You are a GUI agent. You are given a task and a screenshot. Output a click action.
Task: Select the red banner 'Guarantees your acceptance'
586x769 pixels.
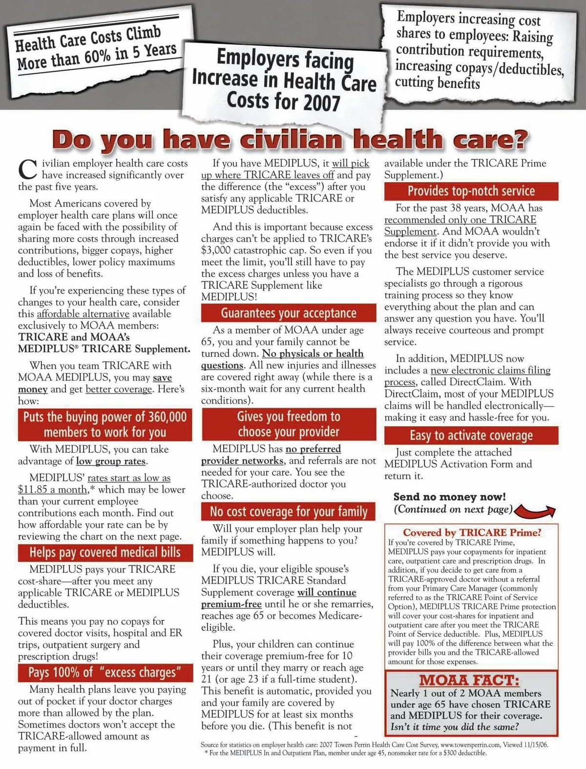[x=289, y=313]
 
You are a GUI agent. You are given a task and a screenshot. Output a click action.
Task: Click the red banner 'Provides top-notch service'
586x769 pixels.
[x=471, y=191]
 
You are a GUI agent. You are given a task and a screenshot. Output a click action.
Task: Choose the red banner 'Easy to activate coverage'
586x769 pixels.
[x=471, y=436]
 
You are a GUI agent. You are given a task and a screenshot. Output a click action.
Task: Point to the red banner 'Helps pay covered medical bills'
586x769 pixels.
[x=105, y=552]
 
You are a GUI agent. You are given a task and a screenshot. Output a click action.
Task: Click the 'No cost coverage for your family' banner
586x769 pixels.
[x=289, y=511]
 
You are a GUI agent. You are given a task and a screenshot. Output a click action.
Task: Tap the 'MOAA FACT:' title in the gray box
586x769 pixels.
[x=469, y=680]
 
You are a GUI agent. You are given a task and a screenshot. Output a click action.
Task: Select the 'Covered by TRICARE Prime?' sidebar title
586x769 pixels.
[x=472, y=532]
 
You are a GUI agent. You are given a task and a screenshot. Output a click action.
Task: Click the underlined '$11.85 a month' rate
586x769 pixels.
[x=53, y=490]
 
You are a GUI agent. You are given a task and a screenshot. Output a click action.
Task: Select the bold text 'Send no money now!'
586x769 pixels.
[x=449, y=497]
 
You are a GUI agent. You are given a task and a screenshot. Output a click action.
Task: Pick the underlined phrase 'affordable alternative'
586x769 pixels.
[x=83, y=314]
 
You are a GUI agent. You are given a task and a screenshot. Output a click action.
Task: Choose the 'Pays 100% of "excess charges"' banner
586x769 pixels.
[x=105, y=672]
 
